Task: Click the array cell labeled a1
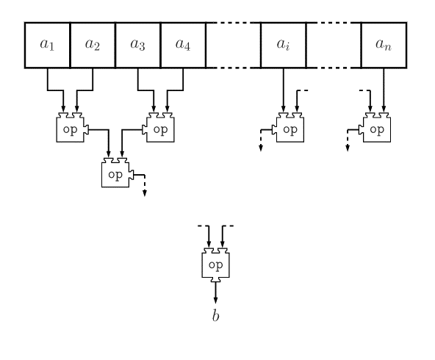tap(47, 45)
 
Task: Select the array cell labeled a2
tap(93, 45)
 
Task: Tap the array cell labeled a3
tap(137, 45)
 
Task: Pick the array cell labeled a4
tap(183, 45)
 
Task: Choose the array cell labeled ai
tap(283, 45)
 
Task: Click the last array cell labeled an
tap(384, 45)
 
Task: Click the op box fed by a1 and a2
tap(71, 128)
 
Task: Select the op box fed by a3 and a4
tap(160, 128)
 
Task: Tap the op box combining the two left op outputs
tap(115, 173)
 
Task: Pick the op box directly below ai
tap(290, 128)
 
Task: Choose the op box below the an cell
tap(377, 128)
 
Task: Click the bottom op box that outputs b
tap(215, 265)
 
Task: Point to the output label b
tap(215, 316)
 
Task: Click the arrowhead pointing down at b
tap(215, 300)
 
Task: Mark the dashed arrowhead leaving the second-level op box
tap(145, 193)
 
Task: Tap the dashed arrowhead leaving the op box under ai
tap(261, 148)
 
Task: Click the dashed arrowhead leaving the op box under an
tap(348, 148)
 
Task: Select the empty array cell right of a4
tap(233, 45)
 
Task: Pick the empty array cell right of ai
tap(334, 45)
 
